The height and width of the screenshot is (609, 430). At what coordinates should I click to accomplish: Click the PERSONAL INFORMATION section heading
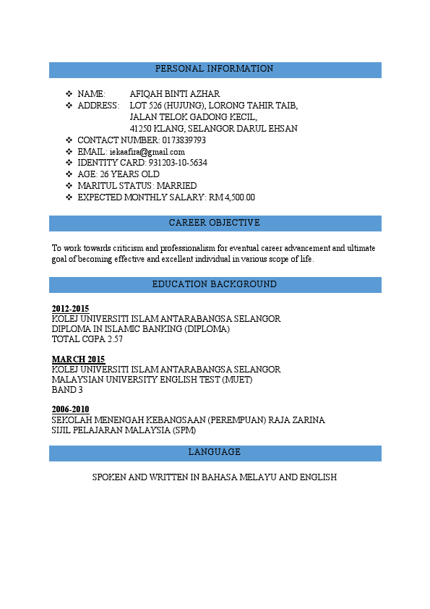click(215, 69)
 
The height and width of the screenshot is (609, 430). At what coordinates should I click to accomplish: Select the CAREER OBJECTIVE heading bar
click(215, 223)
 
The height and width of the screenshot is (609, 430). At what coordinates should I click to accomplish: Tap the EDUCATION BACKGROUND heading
click(215, 284)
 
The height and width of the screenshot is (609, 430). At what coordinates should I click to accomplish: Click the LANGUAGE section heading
click(215, 452)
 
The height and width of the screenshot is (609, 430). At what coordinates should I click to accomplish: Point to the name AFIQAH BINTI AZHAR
click(175, 94)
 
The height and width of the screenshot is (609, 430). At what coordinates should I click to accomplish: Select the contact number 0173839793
click(184, 140)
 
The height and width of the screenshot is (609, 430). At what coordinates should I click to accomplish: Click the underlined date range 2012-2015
click(70, 309)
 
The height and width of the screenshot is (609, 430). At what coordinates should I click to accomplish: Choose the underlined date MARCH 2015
click(78, 359)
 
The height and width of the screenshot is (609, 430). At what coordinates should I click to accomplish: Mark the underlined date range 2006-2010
click(70, 410)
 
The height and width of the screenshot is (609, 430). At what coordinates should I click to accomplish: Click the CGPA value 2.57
click(115, 339)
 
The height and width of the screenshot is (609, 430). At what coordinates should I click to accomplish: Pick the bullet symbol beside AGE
click(69, 174)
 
